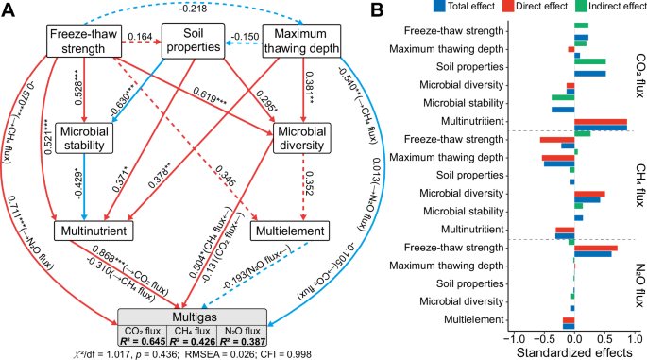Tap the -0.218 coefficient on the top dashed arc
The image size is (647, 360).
[x=196, y=8]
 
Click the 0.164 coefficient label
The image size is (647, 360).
[x=139, y=38]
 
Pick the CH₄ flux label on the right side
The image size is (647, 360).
[x=638, y=183]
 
